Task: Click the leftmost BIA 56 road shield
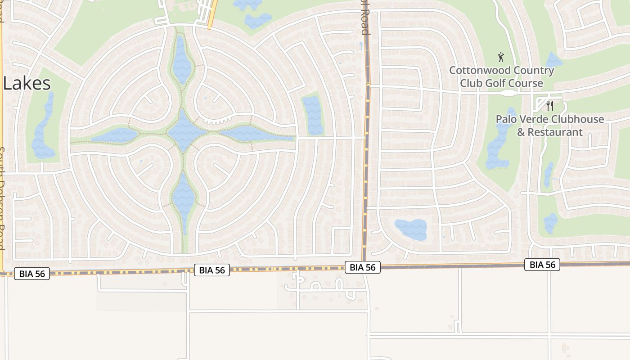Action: (x=32, y=274)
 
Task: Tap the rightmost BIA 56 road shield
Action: (x=542, y=265)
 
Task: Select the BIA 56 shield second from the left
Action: (x=212, y=270)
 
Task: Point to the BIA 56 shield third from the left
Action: (x=363, y=267)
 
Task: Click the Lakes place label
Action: (x=27, y=84)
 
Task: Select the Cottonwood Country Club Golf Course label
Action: (x=501, y=76)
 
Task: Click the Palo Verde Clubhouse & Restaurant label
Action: (x=549, y=126)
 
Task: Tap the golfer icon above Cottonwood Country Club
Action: (x=501, y=57)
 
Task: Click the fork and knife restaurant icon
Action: (x=549, y=106)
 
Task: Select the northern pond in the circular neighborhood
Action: (x=182, y=61)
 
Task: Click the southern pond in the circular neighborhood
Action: (x=183, y=198)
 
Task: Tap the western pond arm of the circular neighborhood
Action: (x=116, y=135)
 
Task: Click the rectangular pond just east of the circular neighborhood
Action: (x=313, y=115)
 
